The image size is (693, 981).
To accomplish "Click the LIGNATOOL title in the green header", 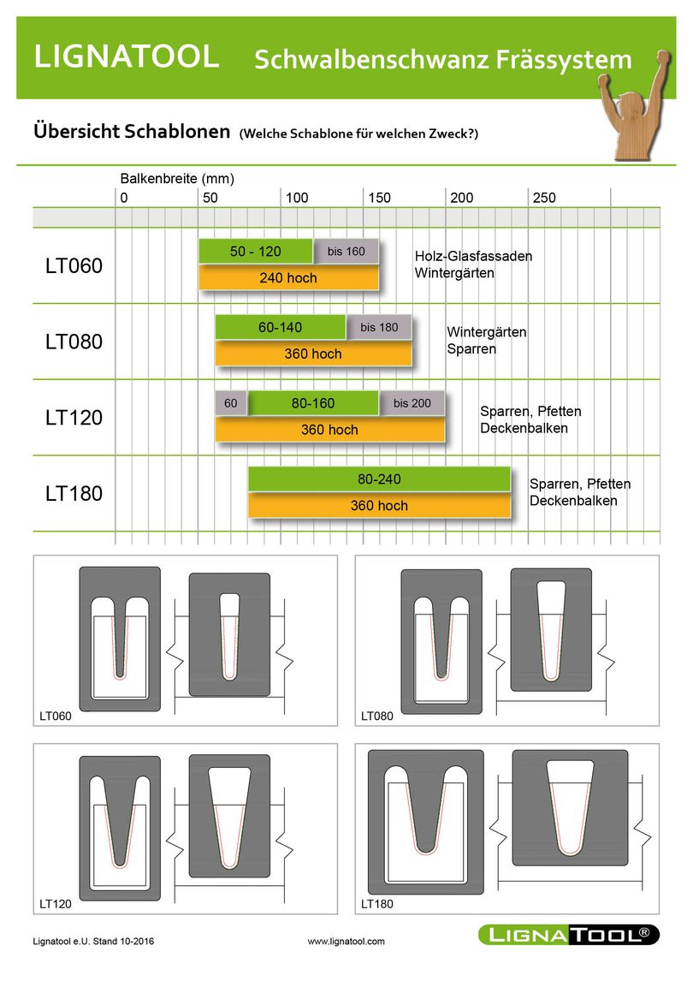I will pyautogui.click(x=127, y=56).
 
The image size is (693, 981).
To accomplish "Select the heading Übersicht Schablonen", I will pyautogui.click(x=132, y=132).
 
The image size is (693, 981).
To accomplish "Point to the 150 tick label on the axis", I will pyautogui.click(x=379, y=198).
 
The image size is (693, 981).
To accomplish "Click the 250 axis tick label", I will pyautogui.click(x=544, y=198).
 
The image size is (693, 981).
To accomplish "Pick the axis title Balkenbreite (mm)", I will pyautogui.click(x=177, y=179).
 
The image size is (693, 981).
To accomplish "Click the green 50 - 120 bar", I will pyautogui.click(x=256, y=252).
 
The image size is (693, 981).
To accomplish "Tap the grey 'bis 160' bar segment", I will pyautogui.click(x=346, y=252).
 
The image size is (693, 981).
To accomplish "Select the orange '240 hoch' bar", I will pyautogui.click(x=288, y=277).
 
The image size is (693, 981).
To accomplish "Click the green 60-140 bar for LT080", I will pyautogui.click(x=280, y=327).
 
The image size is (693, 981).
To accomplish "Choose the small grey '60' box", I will pyautogui.click(x=231, y=403).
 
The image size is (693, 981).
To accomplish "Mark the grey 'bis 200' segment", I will pyautogui.click(x=412, y=403).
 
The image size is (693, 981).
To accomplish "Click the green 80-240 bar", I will pyautogui.click(x=379, y=479).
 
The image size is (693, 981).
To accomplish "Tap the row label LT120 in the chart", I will pyautogui.click(x=74, y=418).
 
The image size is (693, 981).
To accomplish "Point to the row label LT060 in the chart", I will pyautogui.click(x=74, y=266).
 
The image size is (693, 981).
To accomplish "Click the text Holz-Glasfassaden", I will pyautogui.click(x=473, y=256).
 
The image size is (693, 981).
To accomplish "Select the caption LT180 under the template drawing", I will pyautogui.click(x=377, y=903).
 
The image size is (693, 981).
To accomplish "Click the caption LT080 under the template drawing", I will pyautogui.click(x=377, y=716).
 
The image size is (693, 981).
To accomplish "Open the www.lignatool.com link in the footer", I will pyautogui.click(x=346, y=942).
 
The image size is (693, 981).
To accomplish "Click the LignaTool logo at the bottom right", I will pyautogui.click(x=569, y=935).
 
